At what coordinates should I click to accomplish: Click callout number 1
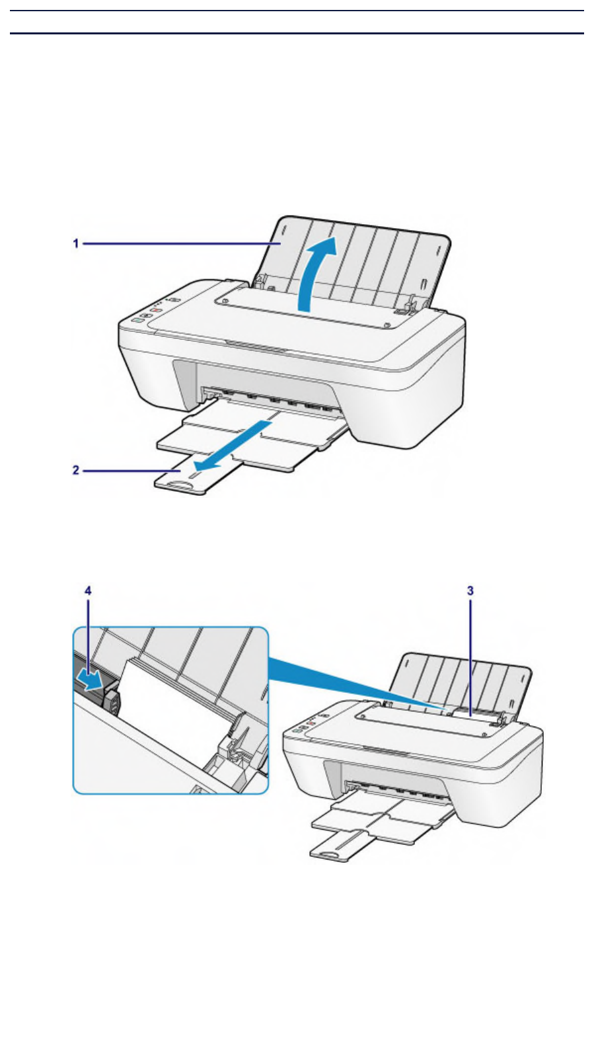(x=76, y=244)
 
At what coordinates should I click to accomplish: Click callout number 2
(x=76, y=470)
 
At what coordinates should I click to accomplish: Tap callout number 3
(x=470, y=591)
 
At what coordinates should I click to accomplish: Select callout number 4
(x=88, y=591)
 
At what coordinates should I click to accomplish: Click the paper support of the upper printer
(x=370, y=258)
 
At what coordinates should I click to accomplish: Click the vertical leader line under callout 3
(x=470, y=655)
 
